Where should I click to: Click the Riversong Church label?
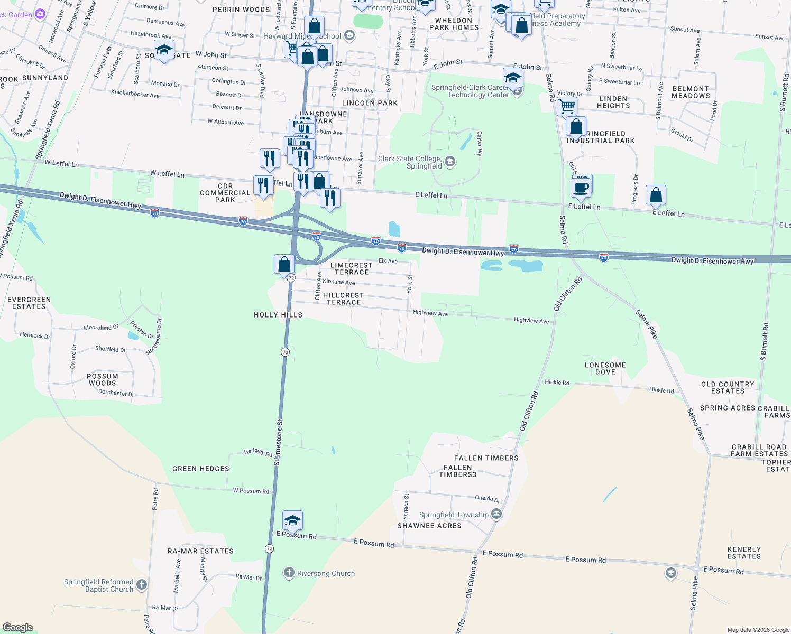point(326,573)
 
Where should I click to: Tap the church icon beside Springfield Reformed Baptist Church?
point(141,584)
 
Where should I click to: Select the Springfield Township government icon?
point(496,514)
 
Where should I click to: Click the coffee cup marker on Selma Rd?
point(581,188)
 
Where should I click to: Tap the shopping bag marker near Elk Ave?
point(284,264)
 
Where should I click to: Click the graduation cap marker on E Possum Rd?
point(292,520)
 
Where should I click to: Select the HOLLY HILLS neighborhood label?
point(278,315)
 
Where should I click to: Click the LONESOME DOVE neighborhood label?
point(605,368)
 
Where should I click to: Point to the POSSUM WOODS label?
point(103,379)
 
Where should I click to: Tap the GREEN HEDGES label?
point(201,469)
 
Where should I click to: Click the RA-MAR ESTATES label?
point(200,551)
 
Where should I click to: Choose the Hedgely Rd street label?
point(258,452)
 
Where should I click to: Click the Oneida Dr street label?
point(487,498)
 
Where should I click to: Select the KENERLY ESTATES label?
point(744,553)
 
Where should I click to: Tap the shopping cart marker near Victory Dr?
point(567,106)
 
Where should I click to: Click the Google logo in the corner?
point(18,628)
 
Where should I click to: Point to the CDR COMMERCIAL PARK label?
point(225,193)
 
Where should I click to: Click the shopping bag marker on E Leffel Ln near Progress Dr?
point(656,195)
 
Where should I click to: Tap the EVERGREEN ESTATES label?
point(29,303)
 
